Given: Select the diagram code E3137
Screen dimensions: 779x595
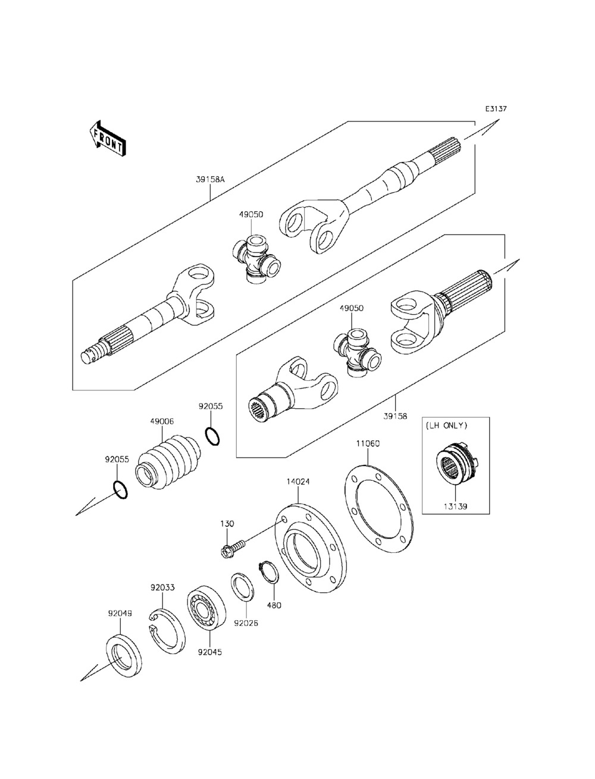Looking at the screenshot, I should tap(495, 109).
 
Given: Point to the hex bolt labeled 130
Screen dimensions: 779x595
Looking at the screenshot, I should tap(233, 545).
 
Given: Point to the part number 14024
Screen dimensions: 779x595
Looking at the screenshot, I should tap(298, 481).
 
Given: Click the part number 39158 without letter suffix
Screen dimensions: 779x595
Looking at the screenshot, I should tap(396, 417).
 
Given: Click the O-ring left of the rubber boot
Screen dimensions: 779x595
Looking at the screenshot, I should tap(120, 489).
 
